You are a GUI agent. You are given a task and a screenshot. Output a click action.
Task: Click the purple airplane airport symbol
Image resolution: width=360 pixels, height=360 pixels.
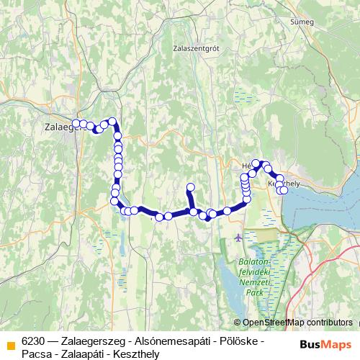point(239,236)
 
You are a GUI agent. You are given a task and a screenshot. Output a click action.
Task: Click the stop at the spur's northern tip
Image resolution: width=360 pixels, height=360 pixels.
point(190,188)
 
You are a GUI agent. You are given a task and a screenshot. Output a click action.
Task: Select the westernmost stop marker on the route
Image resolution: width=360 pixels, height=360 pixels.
point(76,123)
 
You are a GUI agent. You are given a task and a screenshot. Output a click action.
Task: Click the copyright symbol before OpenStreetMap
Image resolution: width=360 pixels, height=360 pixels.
point(238,323)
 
